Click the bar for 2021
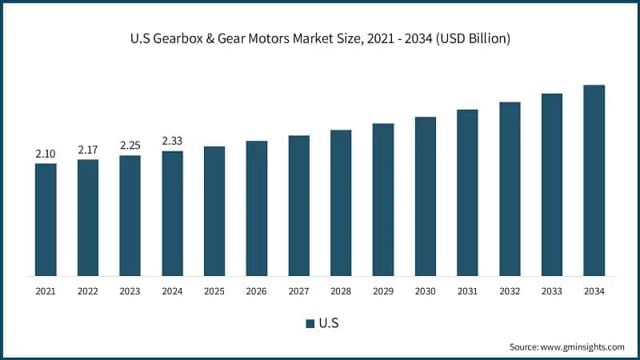[x=46, y=219]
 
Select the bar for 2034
[x=594, y=180]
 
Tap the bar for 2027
[x=298, y=206]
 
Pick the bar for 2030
[x=425, y=196]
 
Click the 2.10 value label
[x=46, y=154]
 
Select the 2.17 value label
[x=88, y=150]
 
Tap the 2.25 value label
[x=130, y=145]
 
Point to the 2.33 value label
[x=172, y=141]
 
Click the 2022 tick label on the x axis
[x=88, y=292]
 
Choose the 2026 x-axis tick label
[x=256, y=292]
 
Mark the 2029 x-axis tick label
[x=382, y=292]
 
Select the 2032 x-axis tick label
[x=509, y=292]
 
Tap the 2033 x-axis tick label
[x=551, y=292]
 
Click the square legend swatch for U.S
[x=310, y=324]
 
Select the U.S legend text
[x=328, y=324]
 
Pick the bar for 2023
[x=130, y=215]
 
